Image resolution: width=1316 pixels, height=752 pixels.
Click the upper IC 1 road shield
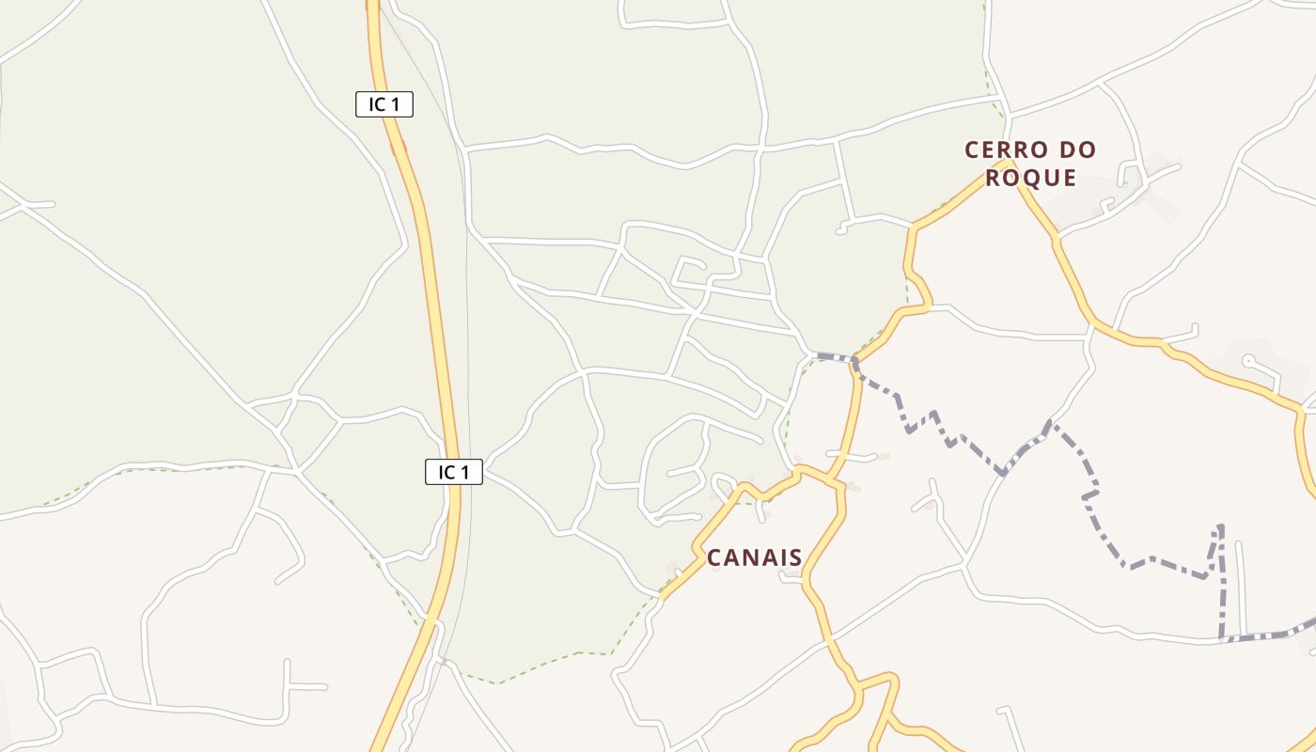[384, 104]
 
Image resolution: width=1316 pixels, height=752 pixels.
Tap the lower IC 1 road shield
[454, 472]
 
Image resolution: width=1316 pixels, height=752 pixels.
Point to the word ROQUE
[1030, 178]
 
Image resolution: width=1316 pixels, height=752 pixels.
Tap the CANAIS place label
[755, 557]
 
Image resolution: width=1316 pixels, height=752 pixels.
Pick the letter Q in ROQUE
[1030, 178]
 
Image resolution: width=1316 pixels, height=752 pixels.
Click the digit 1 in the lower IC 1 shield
[465, 472]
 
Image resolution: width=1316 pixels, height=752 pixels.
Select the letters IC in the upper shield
[377, 104]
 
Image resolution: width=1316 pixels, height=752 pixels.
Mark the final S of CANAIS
[795, 557]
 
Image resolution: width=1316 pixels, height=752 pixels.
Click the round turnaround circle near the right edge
[1248, 360]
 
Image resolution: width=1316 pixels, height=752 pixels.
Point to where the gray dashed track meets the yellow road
[855, 361]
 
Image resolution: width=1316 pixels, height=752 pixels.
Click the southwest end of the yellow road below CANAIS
[662, 596]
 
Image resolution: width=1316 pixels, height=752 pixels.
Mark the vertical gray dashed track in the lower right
[1222, 583]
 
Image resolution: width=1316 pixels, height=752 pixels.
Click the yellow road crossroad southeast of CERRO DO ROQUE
[1093, 325]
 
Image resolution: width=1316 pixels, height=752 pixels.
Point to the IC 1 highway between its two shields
[432, 282]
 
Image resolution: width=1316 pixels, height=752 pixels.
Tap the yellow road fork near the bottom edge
[857, 693]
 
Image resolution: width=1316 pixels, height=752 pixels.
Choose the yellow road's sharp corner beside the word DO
[1007, 163]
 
